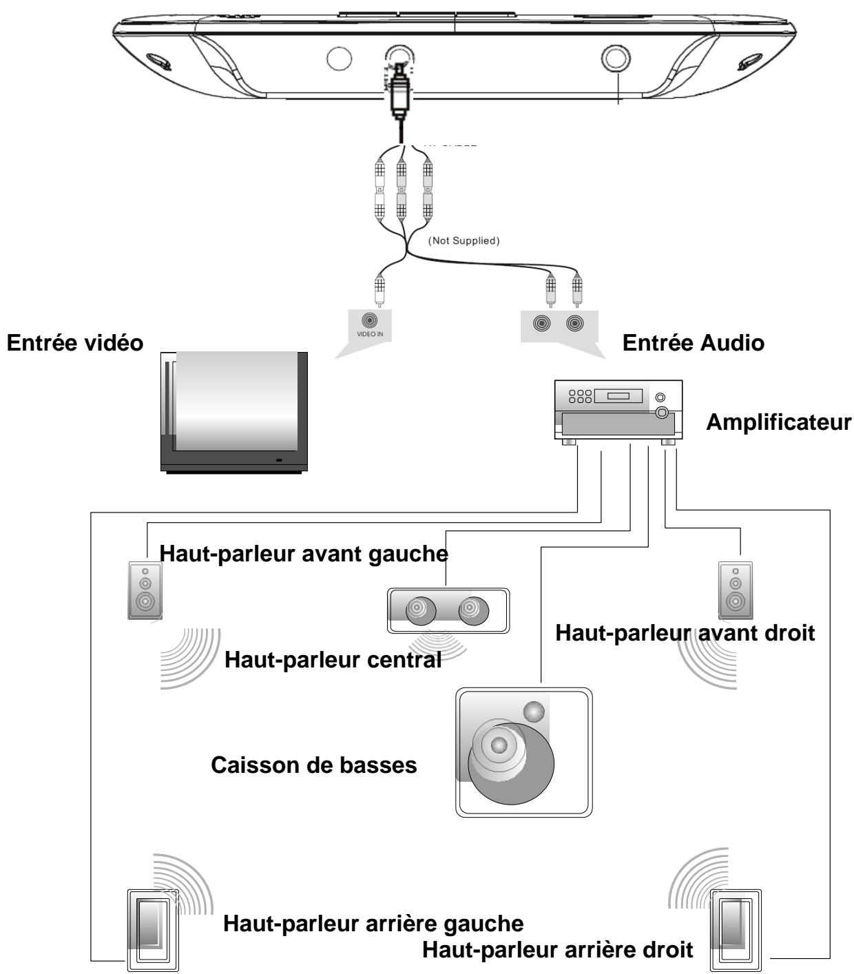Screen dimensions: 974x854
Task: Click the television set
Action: (234, 411)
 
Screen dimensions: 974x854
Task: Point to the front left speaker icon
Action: (145, 590)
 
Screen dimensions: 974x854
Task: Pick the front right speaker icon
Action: (736, 590)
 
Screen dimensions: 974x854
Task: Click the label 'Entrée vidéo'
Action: (74, 344)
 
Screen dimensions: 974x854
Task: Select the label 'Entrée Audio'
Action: (693, 344)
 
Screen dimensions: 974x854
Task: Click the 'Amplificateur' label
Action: (778, 422)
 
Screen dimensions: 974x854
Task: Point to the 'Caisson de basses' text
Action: (313, 765)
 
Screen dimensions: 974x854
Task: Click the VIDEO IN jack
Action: (373, 320)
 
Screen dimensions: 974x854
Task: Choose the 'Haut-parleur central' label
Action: (333, 660)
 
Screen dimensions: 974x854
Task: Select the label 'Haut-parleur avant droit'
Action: (685, 632)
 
